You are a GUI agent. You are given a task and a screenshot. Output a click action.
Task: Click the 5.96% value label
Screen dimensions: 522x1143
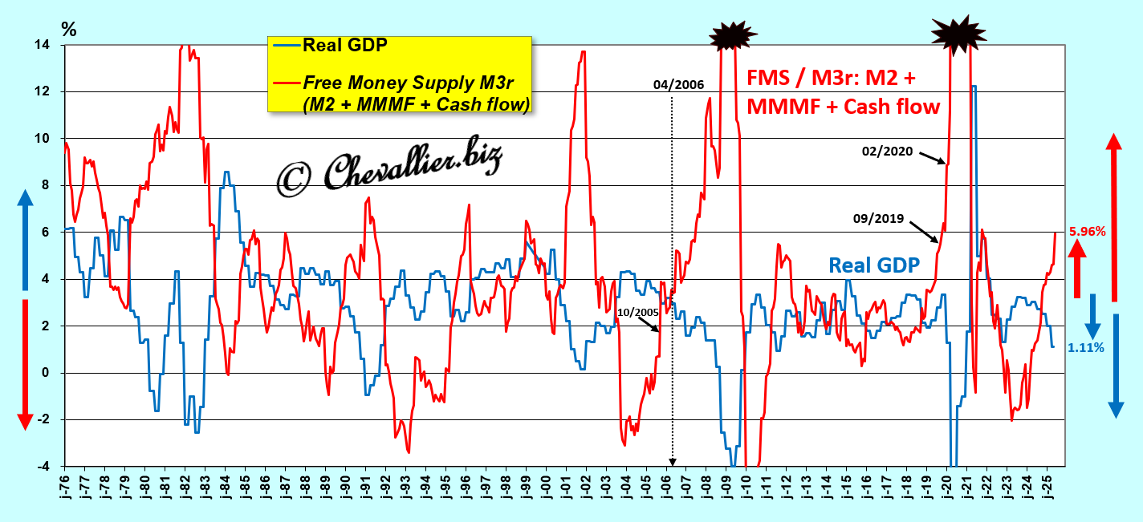(1088, 232)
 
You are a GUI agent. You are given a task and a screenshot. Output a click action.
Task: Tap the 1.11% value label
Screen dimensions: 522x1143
(1086, 347)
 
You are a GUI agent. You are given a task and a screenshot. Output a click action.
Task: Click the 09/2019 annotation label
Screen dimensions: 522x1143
(881, 218)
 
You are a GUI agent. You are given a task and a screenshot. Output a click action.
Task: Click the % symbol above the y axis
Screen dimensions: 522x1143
(70, 30)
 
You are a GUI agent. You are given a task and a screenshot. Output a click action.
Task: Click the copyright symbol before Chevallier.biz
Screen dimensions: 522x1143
(295, 178)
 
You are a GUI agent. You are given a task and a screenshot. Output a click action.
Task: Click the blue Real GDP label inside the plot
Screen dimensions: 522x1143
(874, 265)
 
